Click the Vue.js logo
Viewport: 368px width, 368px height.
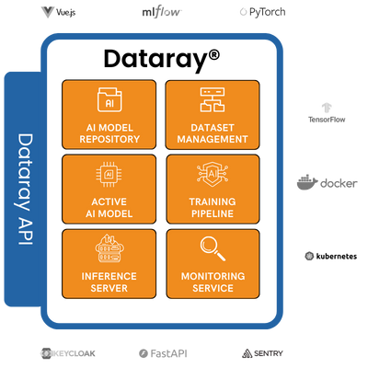click(58, 12)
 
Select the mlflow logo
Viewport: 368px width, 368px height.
click(162, 12)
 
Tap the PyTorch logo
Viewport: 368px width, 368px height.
click(262, 12)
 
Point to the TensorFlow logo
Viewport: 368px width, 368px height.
click(327, 113)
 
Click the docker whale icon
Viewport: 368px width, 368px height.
click(307, 182)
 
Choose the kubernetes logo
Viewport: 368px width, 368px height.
click(331, 256)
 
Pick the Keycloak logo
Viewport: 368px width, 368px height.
click(68, 353)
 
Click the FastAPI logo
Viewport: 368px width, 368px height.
click(163, 353)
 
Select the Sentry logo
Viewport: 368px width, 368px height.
click(262, 353)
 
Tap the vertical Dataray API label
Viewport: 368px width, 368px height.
click(25, 189)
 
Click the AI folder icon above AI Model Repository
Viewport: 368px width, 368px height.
click(109, 99)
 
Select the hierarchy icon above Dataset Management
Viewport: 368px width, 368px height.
click(213, 99)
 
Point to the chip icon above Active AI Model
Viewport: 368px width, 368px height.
click(109, 175)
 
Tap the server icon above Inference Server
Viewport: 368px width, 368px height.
click(109, 248)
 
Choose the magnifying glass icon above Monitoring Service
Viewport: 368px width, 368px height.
click(213, 248)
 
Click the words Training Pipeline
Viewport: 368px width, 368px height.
click(213, 208)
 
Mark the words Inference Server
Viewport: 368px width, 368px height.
click(109, 282)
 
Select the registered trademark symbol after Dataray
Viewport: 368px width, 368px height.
click(214, 55)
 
